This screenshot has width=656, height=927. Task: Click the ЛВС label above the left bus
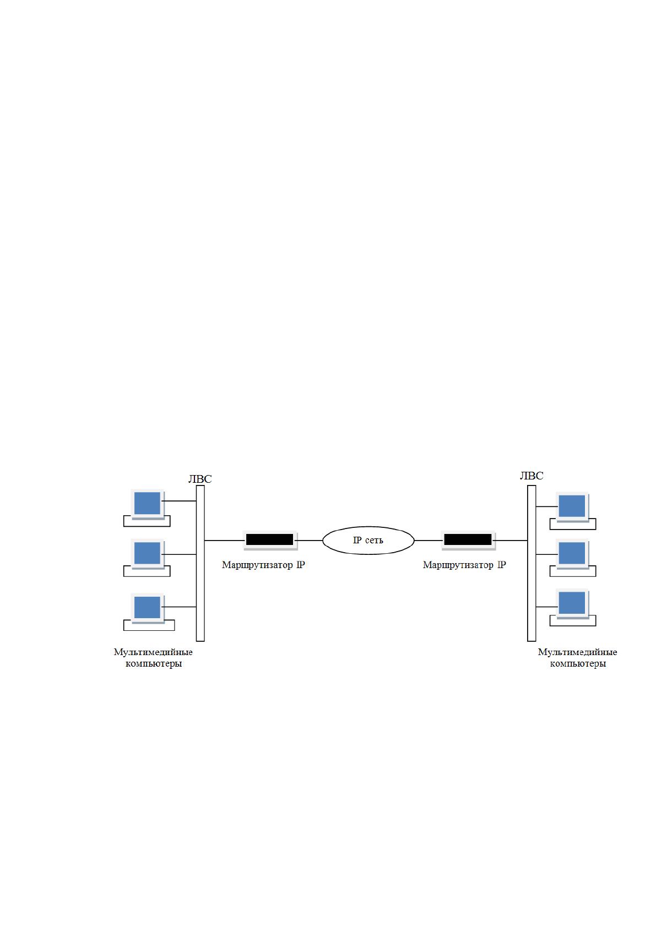[199, 479]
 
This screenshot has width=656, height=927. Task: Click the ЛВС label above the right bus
[532, 476]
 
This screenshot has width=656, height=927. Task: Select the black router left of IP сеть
[269, 539]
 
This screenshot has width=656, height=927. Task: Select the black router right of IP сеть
[468, 539]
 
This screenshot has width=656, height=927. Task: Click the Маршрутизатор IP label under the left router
[263, 565]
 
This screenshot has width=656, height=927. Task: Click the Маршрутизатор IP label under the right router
[464, 565]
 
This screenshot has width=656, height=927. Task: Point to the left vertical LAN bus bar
[200, 563]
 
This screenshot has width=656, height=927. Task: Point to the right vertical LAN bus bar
[532, 563]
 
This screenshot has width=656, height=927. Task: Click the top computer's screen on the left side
[148, 504]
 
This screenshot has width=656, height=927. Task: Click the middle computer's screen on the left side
[148, 553]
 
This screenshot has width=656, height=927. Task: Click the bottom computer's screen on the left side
[148, 608]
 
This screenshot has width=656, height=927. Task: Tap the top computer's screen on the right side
[572, 506]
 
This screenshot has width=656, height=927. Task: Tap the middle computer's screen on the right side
[572, 554]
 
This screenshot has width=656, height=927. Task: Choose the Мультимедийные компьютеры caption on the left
[153, 658]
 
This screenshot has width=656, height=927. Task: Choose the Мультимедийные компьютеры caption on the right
[577, 658]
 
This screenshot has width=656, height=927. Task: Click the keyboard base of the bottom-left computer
[149, 625]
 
